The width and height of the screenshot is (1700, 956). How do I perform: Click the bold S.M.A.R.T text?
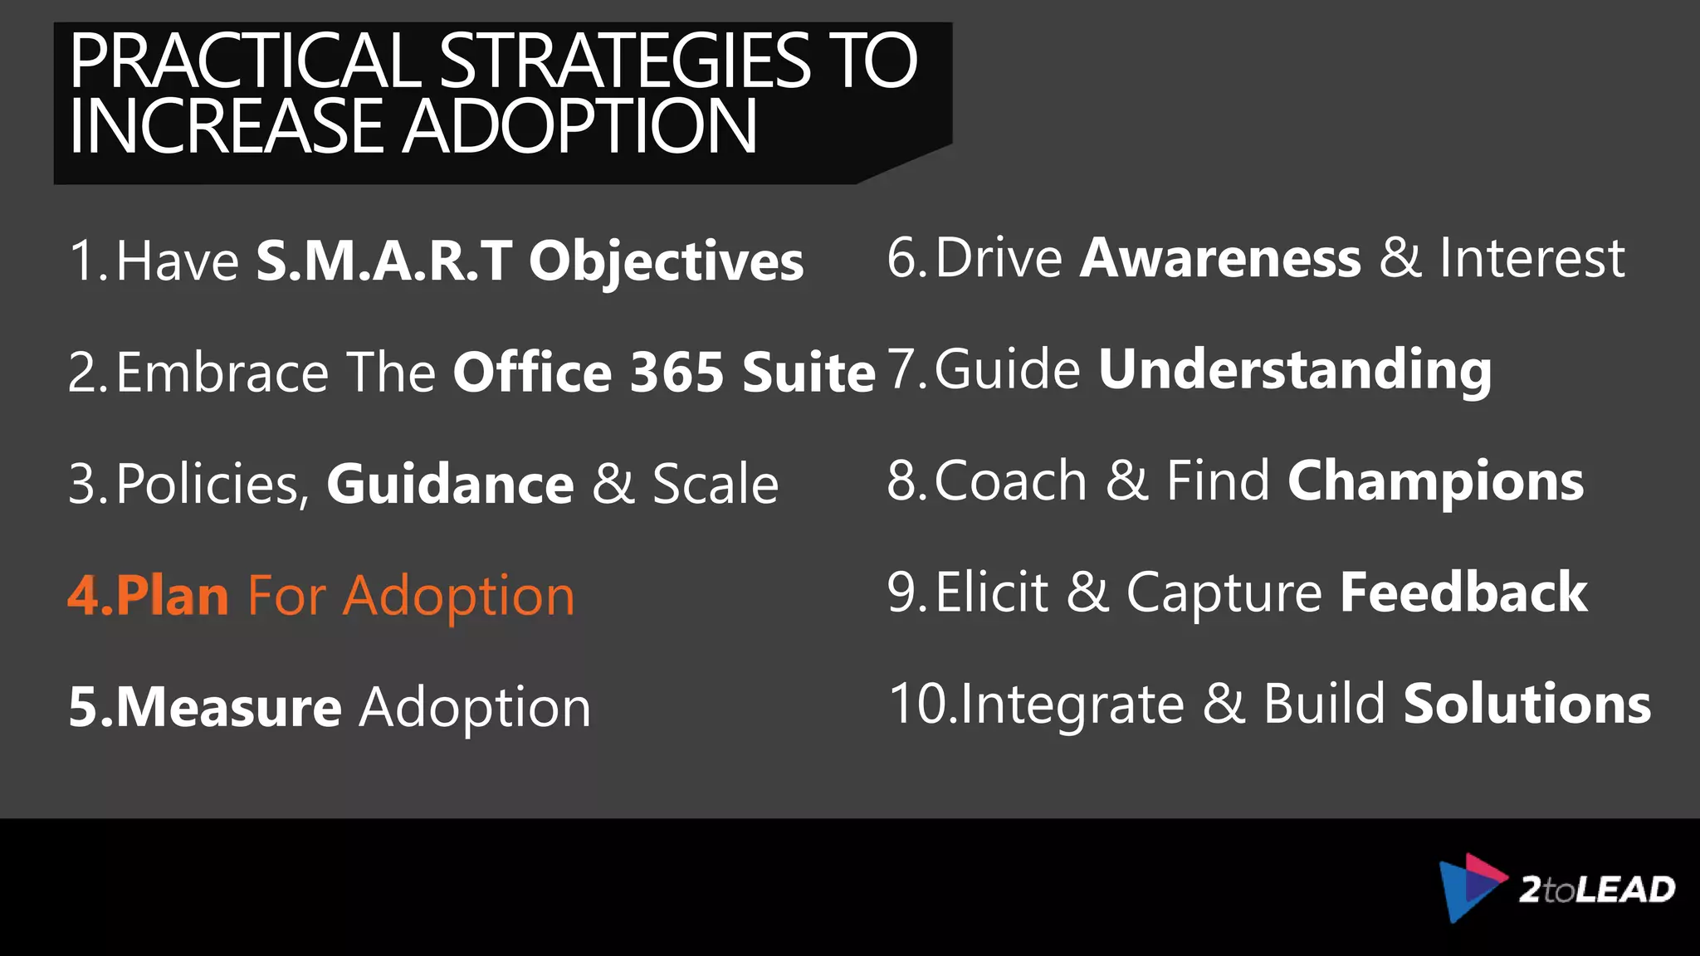pos(384,261)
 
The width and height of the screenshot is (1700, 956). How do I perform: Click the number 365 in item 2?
pos(677,372)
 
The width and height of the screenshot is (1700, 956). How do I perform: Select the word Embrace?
pos(222,372)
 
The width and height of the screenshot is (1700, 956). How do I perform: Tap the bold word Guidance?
pos(450,484)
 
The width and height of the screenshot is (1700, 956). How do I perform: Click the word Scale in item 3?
pos(716,484)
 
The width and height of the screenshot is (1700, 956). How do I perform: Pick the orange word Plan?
pos(172,596)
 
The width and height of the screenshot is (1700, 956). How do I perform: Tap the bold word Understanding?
pos(1295,370)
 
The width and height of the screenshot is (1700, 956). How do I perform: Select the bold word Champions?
pos(1436,481)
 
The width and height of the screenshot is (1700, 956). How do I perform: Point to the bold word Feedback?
pos(1463,593)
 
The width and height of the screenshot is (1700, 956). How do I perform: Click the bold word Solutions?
pos(1527,704)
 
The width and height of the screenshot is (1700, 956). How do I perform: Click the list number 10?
pos(918,704)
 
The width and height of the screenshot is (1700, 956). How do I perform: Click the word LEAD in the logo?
pos(1625,890)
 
